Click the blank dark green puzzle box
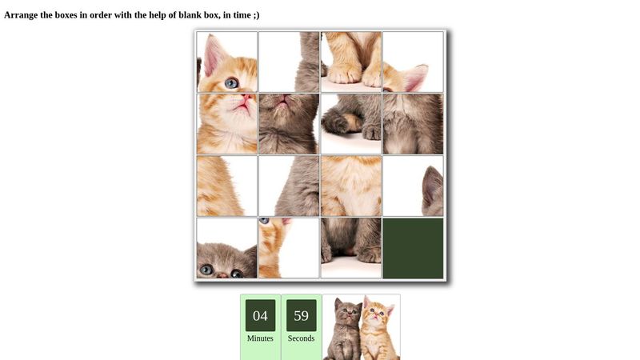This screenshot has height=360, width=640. pyautogui.click(x=413, y=248)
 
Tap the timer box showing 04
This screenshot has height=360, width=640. pyautogui.click(x=260, y=315)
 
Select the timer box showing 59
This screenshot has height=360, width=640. pyautogui.click(x=302, y=315)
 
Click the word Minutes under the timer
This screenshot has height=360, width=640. pyautogui.click(x=260, y=338)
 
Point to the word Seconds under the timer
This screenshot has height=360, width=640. pyautogui.click(x=302, y=338)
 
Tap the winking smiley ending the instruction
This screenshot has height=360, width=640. pyautogui.click(x=254, y=15)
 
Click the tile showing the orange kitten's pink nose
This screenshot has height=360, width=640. pyautogui.click(x=227, y=124)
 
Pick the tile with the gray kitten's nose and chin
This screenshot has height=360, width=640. pyautogui.click(x=289, y=124)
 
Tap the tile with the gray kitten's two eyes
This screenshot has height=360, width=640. pyautogui.click(x=227, y=248)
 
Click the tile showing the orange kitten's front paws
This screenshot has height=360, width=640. pyautogui.click(x=351, y=62)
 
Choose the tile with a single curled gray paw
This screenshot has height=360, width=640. pyautogui.click(x=351, y=124)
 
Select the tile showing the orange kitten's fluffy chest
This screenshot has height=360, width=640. pyautogui.click(x=351, y=186)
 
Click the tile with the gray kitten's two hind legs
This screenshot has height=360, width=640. pyautogui.click(x=351, y=248)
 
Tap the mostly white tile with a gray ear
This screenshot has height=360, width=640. pyautogui.click(x=413, y=186)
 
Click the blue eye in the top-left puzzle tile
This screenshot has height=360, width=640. pyautogui.click(x=231, y=82)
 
